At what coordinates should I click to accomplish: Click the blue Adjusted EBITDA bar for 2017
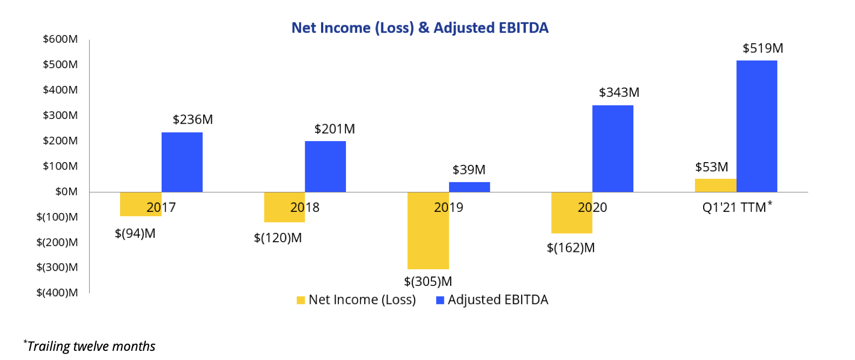coord(182,162)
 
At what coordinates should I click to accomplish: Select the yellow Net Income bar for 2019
coord(428,238)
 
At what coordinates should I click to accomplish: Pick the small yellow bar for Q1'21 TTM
coord(716,185)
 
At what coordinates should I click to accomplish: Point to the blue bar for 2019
coord(469,187)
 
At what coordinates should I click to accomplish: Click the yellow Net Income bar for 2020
coord(571,222)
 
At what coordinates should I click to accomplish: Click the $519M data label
coord(763,49)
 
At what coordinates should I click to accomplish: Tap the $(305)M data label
coord(428,282)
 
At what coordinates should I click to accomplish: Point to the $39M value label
coord(469,170)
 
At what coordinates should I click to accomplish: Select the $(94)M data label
coord(135,234)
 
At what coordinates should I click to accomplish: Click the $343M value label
coord(619,92)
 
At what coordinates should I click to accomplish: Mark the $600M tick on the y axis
coord(61,39)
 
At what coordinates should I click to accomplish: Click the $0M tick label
coord(66,191)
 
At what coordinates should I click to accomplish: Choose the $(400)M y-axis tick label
coord(57,292)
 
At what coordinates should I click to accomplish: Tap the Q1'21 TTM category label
coord(734,207)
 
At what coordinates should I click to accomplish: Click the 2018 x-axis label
coord(305,207)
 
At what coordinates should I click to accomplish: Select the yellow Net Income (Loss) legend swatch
coord(300,301)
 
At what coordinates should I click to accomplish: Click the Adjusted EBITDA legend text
coord(498,300)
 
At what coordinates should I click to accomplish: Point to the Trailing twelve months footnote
coord(90,346)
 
